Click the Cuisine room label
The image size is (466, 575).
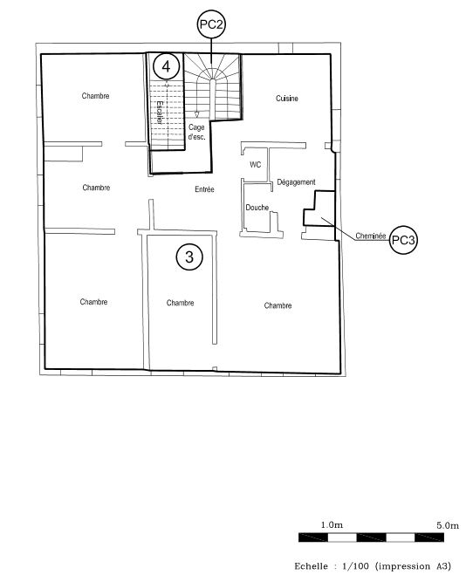coord(287,99)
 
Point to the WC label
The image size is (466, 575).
coord(255,165)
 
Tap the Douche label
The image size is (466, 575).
coord(257,208)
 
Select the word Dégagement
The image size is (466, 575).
coord(296,182)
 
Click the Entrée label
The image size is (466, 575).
coord(204,189)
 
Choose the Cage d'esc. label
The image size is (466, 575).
coord(196,132)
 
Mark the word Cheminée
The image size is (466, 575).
coord(370,236)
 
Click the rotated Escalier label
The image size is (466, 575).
coord(160,113)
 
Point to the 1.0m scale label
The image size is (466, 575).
coord(332,524)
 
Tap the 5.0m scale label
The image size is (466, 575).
coord(448,525)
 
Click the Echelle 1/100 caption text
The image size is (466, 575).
coord(373,565)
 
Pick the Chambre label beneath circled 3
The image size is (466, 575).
coord(180,303)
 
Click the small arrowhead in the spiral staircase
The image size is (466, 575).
coord(196,115)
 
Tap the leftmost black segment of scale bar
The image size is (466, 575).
coord(313,537)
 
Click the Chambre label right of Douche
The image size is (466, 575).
coord(278,305)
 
